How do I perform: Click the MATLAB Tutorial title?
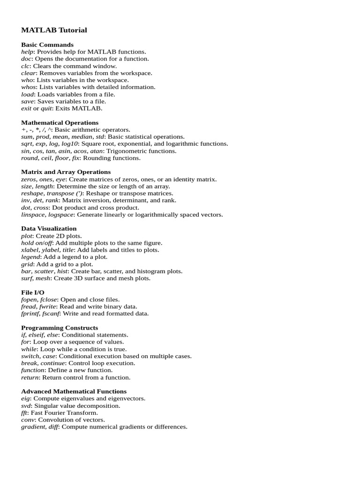pos(54,30)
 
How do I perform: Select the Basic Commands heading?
pos(47,45)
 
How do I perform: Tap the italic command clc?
pos(25,66)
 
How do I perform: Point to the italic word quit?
pos(46,108)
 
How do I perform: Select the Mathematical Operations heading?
pos(60,122)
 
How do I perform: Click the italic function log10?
pos(69,144)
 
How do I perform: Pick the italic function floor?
pos(62,158)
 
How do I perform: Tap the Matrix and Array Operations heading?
pos(66,172)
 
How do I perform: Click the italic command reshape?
pos(32,193)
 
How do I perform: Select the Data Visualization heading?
pos(49,229)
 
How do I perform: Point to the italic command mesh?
pos(43,278)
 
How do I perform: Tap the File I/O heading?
pos(33,292)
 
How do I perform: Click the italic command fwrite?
pos(48,307)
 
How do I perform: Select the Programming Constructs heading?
pos(60,328)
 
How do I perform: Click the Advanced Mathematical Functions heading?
pos(74,391)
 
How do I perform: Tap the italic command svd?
pos(26,406)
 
